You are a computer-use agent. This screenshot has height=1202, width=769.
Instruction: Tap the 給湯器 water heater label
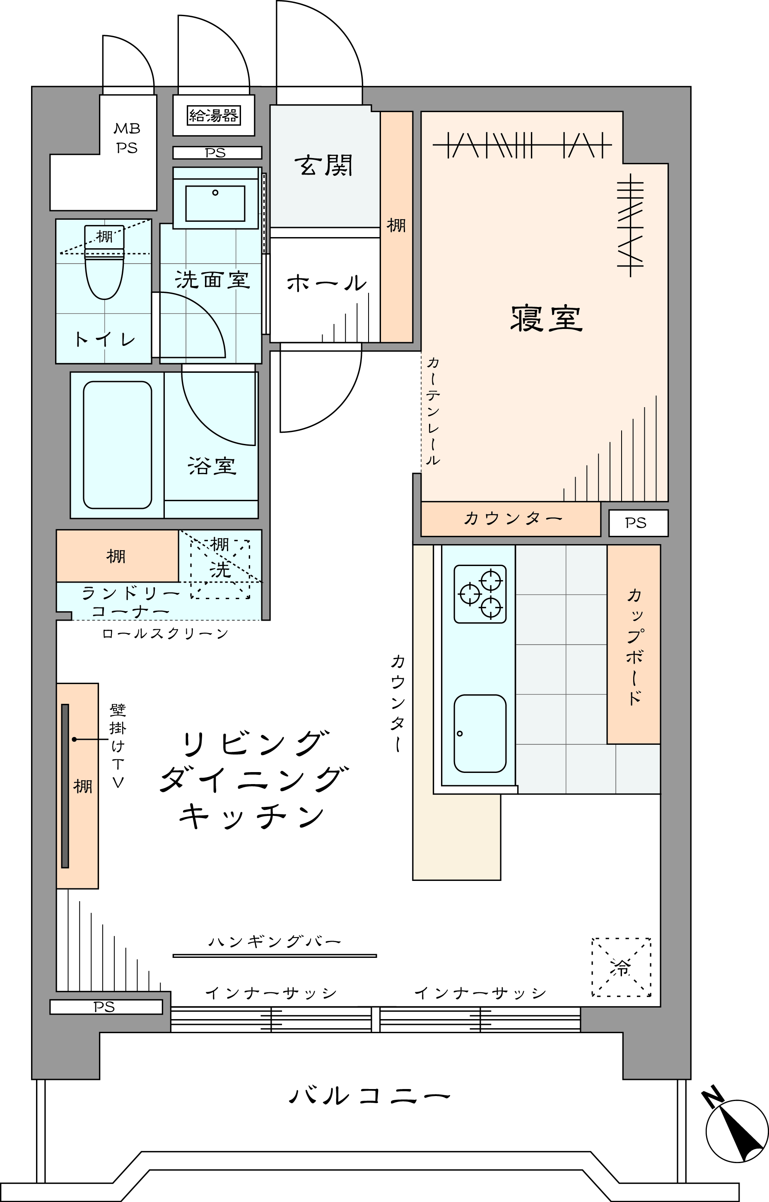(x=213, y=116)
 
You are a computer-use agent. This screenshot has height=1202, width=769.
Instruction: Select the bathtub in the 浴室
(x=118, y=445)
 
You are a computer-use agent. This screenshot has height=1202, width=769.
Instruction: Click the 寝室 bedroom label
(x=546, y=319)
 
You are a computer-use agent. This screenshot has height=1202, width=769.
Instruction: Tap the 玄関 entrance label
(x=324, y=165)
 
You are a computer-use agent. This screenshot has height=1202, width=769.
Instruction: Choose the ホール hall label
(x=327, y=283)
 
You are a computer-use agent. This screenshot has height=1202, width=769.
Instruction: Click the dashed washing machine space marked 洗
(x=220, y=569)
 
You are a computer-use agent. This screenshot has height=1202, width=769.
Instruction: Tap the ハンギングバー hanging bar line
(x=275, y=956)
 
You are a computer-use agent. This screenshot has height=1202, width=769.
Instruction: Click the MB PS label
(x=127, y=138)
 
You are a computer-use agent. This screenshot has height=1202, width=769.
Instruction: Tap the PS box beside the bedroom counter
(x=638, y=523)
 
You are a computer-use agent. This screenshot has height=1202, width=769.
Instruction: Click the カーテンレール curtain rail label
(x=433, y=411)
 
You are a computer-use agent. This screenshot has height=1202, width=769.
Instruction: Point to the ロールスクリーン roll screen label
(x=165, y=634)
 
